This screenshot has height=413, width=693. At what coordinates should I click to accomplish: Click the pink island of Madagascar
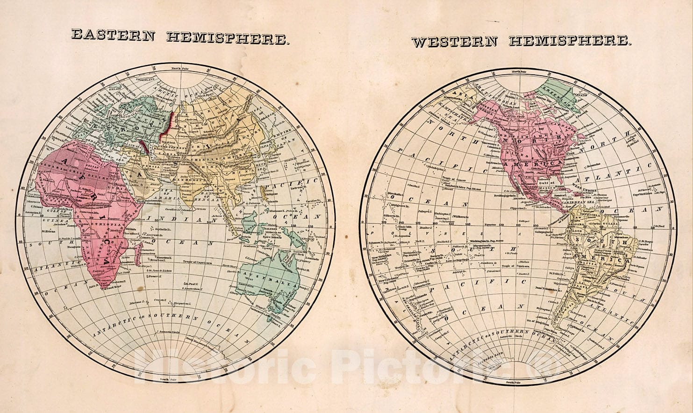click(x=137, y=254)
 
